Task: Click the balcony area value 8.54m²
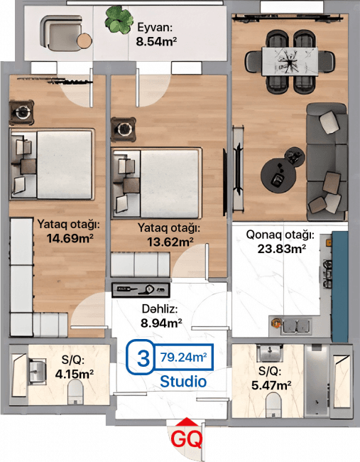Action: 156,42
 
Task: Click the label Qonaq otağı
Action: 279,235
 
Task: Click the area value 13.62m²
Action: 169,242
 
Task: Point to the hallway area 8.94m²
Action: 161,323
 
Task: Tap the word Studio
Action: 182,382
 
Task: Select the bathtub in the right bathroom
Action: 329,382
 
